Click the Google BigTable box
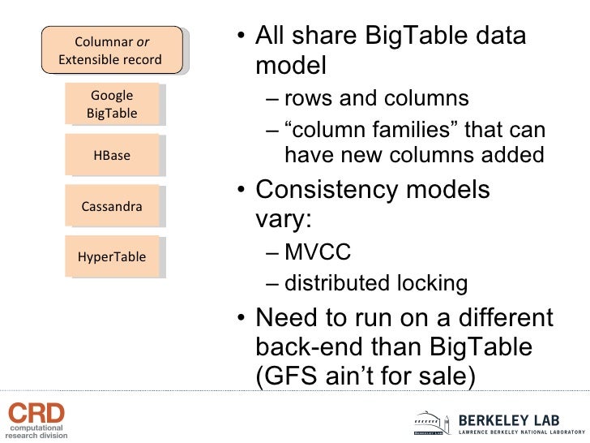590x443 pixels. coord(112,105)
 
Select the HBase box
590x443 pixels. coord(112,156)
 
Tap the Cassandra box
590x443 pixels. coord(112,206)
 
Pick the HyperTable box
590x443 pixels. coord(112,257)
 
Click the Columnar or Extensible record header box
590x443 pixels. coord(110,50)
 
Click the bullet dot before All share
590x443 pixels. coord(242,37)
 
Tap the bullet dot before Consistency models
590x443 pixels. coord(242,191)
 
